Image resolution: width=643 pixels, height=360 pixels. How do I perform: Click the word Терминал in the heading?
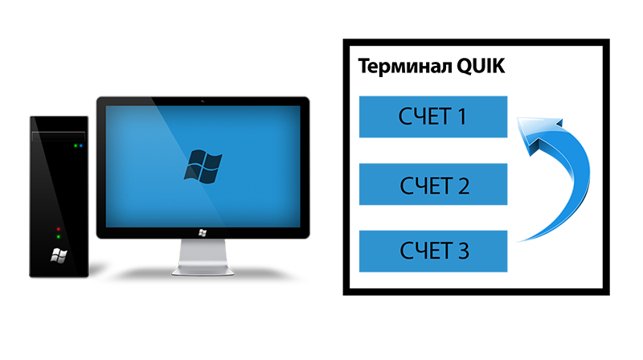405,67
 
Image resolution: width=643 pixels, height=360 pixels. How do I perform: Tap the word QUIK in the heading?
481,67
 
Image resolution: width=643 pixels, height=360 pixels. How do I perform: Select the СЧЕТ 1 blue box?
433,117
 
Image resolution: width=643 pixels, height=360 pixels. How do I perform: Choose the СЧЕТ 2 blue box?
433,184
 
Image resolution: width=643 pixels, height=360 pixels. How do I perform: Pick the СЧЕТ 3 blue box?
433,251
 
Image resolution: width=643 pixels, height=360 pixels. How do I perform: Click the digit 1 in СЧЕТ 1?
461,117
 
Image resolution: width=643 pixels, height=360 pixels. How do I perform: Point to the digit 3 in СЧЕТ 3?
464,251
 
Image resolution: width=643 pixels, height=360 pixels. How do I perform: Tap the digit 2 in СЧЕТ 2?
464,186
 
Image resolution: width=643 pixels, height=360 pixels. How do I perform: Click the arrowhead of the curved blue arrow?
538,133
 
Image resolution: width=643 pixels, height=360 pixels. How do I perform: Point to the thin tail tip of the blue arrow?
518,242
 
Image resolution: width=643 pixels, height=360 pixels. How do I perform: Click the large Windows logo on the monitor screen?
203,166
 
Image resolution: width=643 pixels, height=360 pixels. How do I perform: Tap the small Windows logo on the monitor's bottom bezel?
203,233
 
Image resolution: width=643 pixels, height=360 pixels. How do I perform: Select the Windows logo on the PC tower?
59,256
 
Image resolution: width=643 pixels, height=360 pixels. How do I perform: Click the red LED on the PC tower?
58,229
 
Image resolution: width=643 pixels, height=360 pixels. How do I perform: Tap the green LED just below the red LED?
58,236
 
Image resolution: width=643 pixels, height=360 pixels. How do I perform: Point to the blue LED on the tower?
81,145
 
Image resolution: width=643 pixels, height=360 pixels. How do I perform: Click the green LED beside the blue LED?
76,145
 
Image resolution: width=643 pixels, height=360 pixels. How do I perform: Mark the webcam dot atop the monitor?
203,101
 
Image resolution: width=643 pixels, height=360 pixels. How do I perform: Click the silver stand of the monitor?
203,257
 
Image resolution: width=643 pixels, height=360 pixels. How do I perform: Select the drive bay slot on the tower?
59,136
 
